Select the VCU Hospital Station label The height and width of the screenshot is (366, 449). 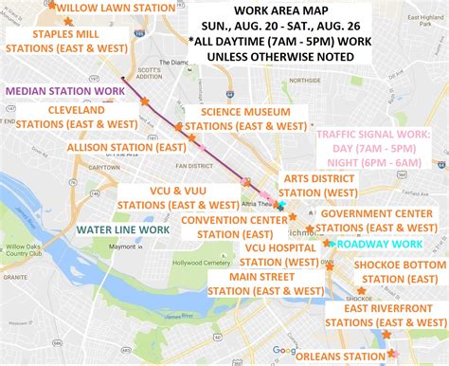281,254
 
